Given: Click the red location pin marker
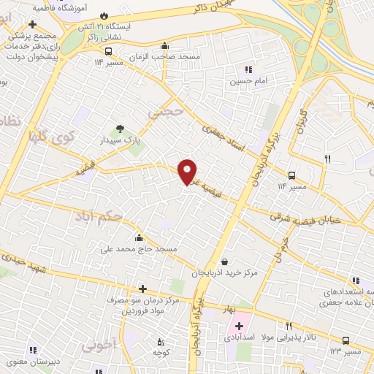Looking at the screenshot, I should pyautogui.click(x=188, y=172).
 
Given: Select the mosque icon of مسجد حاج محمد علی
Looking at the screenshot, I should pyautogui.click(x=139, y=237).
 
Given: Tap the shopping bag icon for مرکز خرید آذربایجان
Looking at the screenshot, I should pyautogui.click(x=224, y=261).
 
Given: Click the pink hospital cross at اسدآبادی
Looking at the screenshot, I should pyautogui.click(x=239, y=324).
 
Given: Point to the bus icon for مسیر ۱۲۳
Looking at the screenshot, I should pyautogui.click(x=346, y=340).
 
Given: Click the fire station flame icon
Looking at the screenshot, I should pyautogui.click(x=104, y=15).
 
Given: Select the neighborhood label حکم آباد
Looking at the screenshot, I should pyautogui.click(x=99, y=216).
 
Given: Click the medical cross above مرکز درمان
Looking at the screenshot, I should pyautogui.click(x=142, y=289).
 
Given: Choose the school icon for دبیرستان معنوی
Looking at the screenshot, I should pyautogui.click(x=32, y=348).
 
